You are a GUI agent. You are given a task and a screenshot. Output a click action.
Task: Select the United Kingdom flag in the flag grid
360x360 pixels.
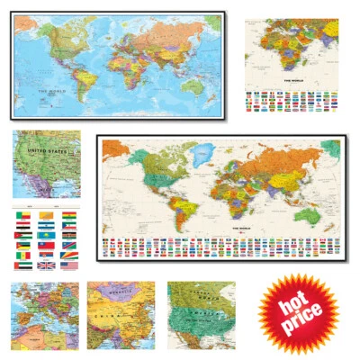click(47, 265)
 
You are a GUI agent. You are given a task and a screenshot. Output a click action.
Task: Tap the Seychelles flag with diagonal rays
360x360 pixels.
click(69, 254)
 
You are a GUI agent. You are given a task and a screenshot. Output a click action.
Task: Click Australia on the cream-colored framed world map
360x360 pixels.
click(310, 216)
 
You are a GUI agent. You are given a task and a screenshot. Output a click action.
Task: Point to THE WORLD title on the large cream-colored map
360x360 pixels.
click(244, 227)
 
